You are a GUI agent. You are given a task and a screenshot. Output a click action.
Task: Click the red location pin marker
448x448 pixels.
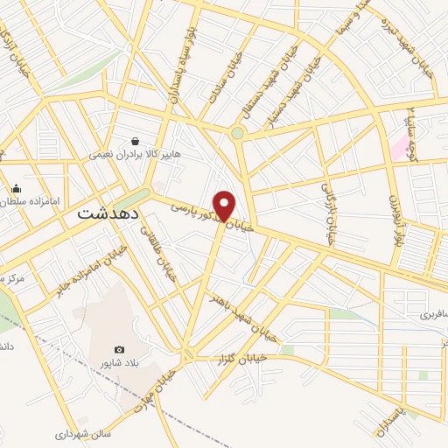pos(225,205)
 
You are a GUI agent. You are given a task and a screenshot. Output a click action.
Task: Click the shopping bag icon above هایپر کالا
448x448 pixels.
pos(135,140)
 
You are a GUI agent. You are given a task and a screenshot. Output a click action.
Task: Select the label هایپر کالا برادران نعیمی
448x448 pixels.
pos(135,154)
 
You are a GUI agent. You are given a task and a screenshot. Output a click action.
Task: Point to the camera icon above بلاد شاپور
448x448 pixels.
pos(120,350)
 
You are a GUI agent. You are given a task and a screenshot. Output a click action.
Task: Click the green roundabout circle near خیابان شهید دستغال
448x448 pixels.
pos(237,134)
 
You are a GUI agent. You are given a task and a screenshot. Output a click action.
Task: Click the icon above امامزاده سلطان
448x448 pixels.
pos(16,188)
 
